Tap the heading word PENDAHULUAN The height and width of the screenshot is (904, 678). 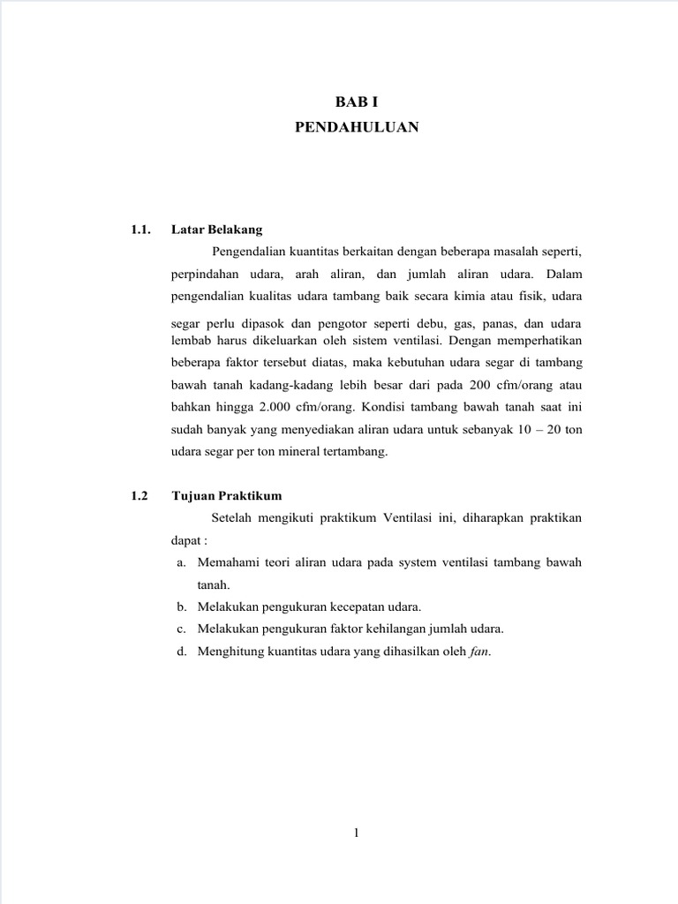(x=357, y=128)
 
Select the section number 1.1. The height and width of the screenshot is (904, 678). (x=140, y=230)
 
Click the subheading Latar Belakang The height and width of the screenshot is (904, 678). (x=217, y=230)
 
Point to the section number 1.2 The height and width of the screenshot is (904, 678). (x=139, y=495)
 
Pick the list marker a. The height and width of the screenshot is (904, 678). (x=181, y=561)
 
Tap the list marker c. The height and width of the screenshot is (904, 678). (x=181, y=629)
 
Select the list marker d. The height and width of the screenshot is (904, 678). (x=181, y=652)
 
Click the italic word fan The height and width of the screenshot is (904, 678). (x=478, y=652)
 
